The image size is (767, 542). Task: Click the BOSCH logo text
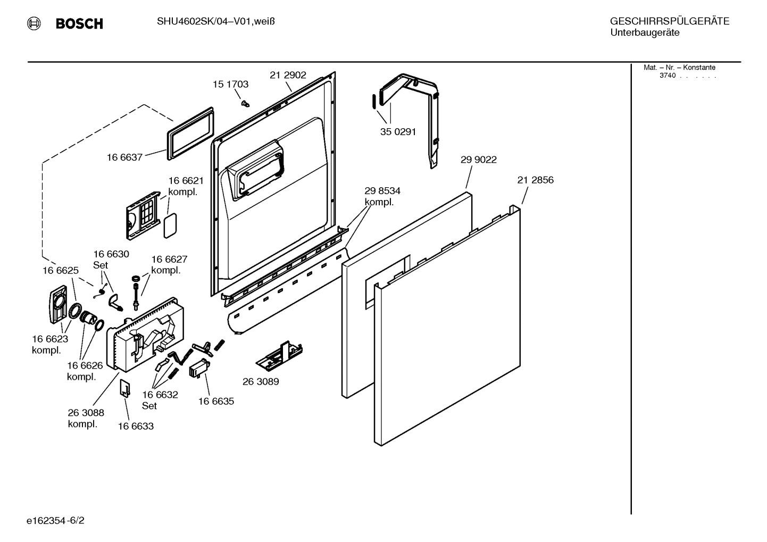pyautogui.click(x=79, y=23)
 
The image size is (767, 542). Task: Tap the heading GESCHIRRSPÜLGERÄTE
pyautogui.click(x=669, y=22)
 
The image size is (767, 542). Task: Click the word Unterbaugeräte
pyautogui.click(x=645, y=33)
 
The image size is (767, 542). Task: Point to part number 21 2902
pyautogui.click(x=288, y=76)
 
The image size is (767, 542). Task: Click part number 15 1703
pyautogui.click(x=230, y=84)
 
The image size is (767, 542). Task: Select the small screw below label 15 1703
pyautogui.click(x=245, y=102)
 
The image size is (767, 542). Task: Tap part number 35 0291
pyautogui.click(x=397, y=131)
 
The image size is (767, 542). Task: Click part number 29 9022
pyautogui.click(x=478, y=160)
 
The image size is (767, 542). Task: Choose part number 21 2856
pyautogui.click(x=535, y=180)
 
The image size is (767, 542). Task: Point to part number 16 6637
pyautogui.click(x=124, y=157)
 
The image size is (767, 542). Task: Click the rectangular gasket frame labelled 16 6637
pyautogui.click(x=190, y=132)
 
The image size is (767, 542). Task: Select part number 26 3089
pyautogui.click(x=261, y=381)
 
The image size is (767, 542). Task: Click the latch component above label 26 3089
pyautogui.click(x=280, y=354)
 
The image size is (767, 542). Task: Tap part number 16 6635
pyautogui.click(x=216, y=401)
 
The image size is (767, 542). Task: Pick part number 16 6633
pyautogui.click(x=136, y=426)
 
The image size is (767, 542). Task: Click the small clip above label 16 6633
pyautogui.click(x=124, y=388)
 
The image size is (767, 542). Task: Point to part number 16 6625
pyautogui.click(x=61, y=270)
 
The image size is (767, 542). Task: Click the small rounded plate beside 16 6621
pyautogui.click(x=170, y=226)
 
